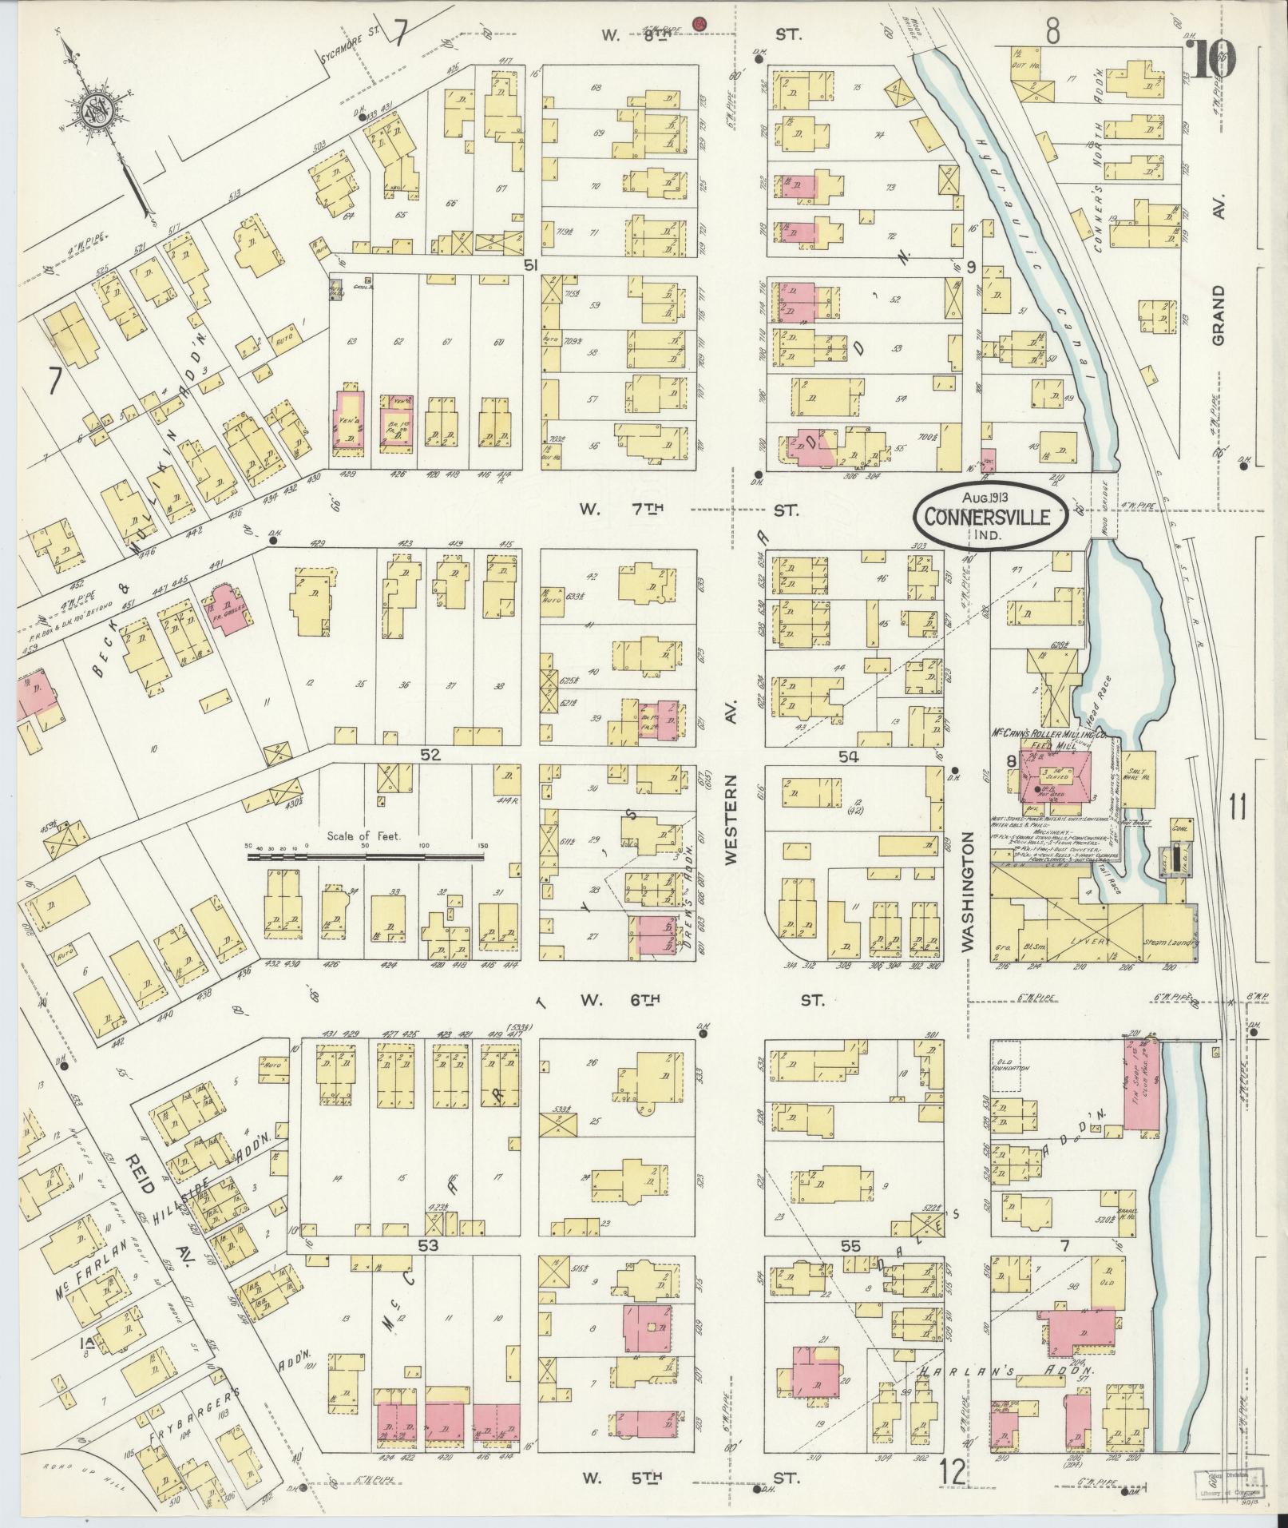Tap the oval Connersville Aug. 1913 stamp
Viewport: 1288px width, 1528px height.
[x=993, y=515]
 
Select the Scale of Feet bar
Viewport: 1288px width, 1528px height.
[x=365, y=856]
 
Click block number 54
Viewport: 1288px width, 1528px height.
[x=848, y=757]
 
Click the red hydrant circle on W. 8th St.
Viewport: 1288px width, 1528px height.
[x=700, y=23]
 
